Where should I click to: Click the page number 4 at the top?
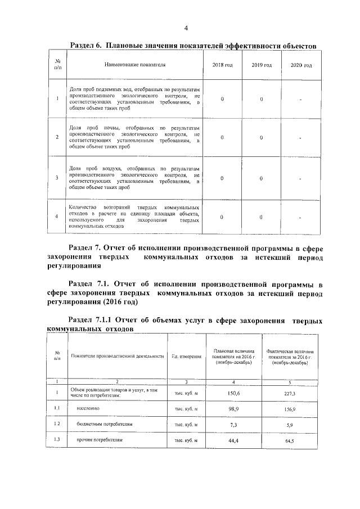pos(186,29)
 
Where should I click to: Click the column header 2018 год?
pos(222,65)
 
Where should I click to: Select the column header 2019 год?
pos(262,65)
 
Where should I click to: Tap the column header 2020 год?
pos(301,65)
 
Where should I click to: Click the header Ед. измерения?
pos(186,357)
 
